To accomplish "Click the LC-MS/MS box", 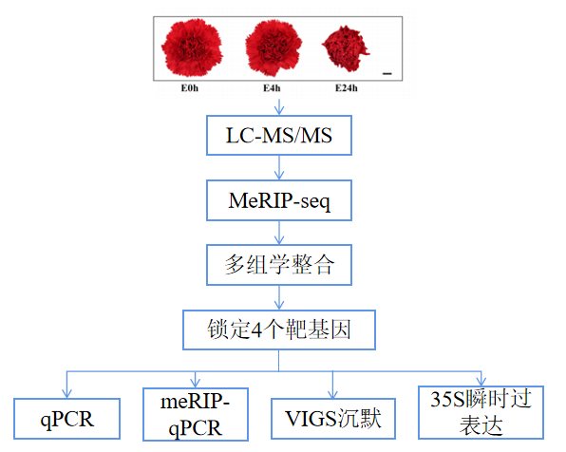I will [x=278, y=136].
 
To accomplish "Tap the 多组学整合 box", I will [x=278, y=265].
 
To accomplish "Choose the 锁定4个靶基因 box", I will [x=278, y=330].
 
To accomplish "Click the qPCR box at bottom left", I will [x=66, y=416].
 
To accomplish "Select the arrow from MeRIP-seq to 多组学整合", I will [x=278, y=232].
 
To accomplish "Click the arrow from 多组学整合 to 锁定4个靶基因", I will [x=278, y=297].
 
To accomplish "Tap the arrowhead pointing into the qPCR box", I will [x=66, y=390].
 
